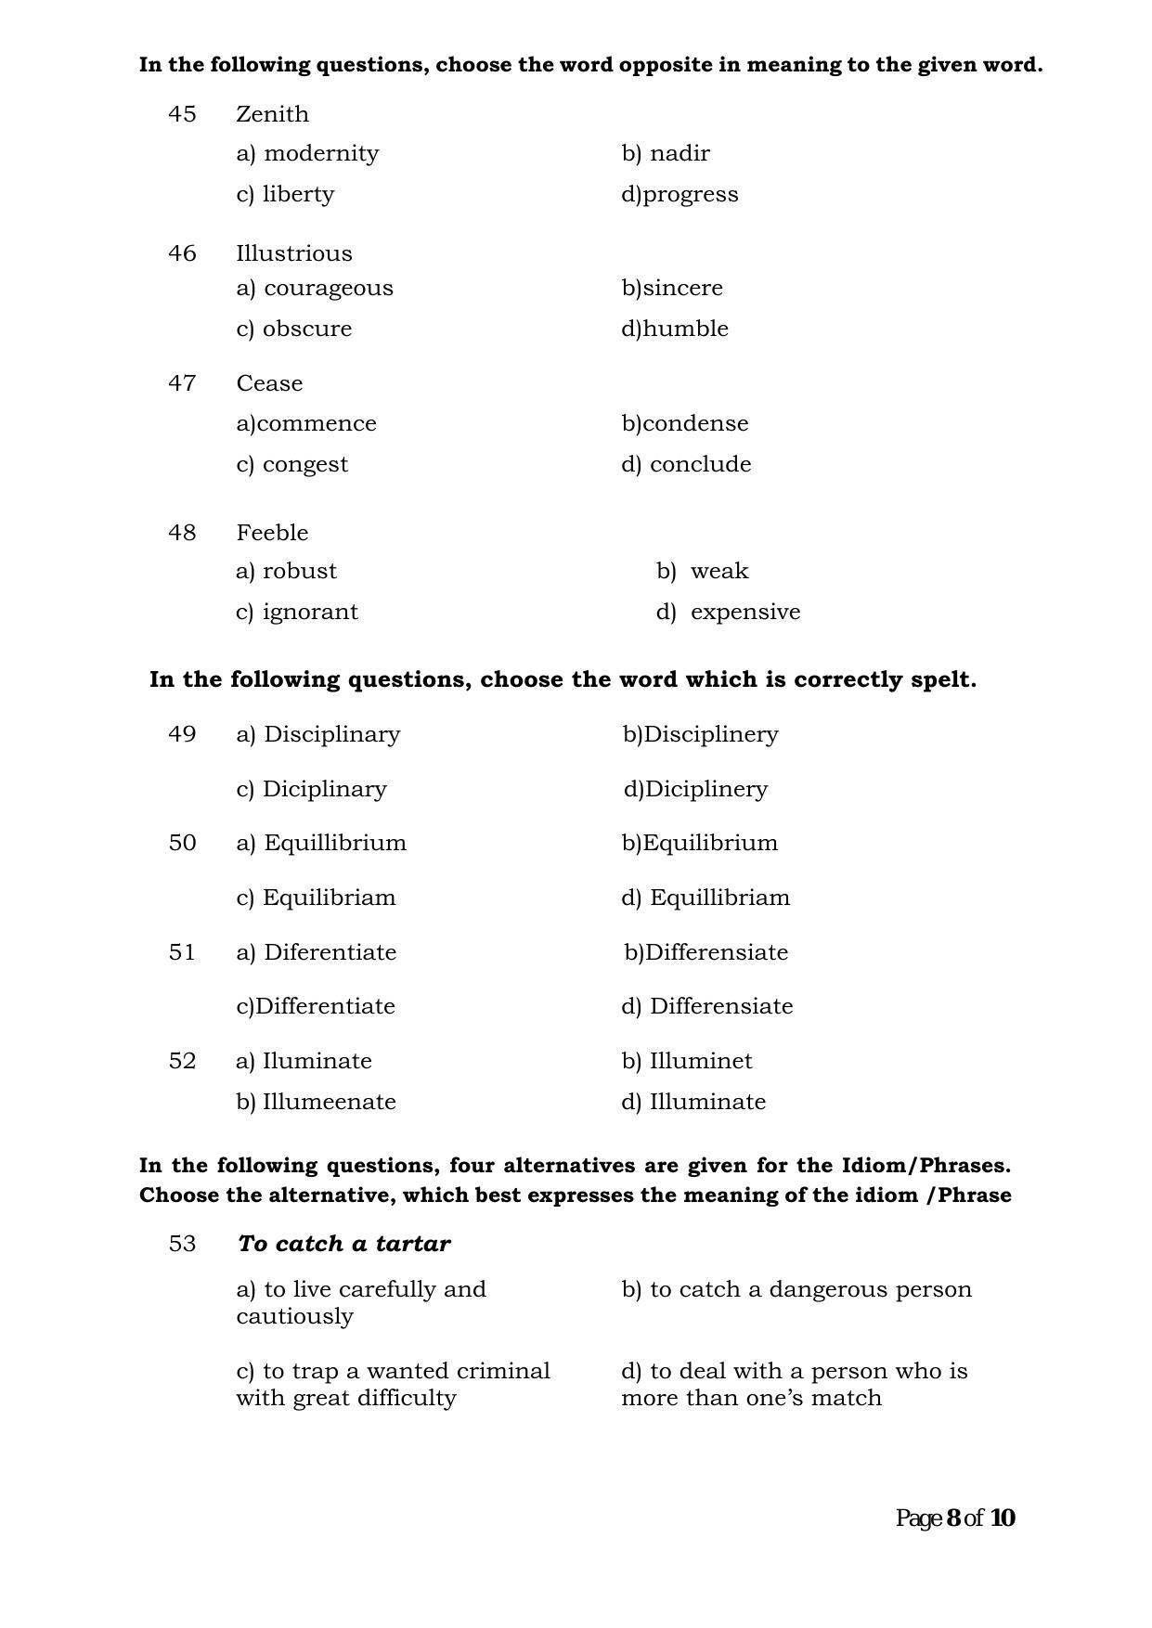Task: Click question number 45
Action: click(x=182, y=114)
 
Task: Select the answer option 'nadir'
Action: click(x=679, y=153)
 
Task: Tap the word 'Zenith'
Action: click(x=272, y=114)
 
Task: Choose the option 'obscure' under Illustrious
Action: click(x=306, y=329)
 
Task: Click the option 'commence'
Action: click(x=316, y=423)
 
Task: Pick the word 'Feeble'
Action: click(x=272, y=533)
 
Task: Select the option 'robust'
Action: click(x=299, y=571)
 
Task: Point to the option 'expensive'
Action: click(x=744, y=612)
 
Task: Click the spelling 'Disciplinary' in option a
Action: click(x=331, y=734)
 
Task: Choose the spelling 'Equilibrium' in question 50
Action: click(x=710, y=843)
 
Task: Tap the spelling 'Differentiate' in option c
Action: click(x=325, y=1006)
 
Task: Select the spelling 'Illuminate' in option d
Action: click(x=707, y=1102)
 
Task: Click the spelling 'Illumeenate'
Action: click(x=329, y=1102)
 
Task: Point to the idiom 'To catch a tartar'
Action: click(x=343, y=1244)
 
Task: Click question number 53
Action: click(x=182, y=1244)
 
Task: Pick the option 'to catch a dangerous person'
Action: click(x=809, y=1289)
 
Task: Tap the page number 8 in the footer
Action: click(x=953, y=1518)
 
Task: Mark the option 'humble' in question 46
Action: click(x=685, y=329)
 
